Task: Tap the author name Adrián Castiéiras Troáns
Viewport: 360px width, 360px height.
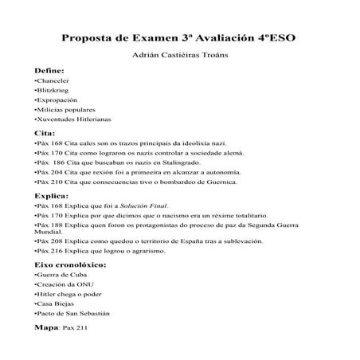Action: click(x=179, y=57)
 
